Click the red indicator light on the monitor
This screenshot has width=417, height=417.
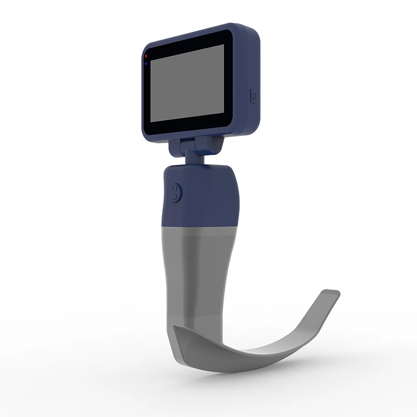146,55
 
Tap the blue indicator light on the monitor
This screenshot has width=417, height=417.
146,64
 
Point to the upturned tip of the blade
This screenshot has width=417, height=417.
329,296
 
